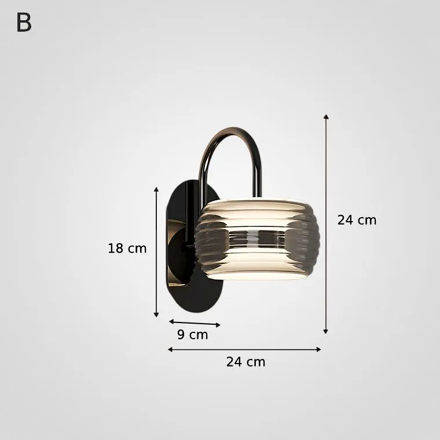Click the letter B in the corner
24,23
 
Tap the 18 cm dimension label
127,248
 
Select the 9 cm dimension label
192,335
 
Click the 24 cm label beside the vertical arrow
357,220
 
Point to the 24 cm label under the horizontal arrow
245,362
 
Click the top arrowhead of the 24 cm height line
326,116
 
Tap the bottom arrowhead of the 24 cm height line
325,331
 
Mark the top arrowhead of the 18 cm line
156,189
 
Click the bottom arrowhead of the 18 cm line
156,314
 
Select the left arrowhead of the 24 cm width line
170,349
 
